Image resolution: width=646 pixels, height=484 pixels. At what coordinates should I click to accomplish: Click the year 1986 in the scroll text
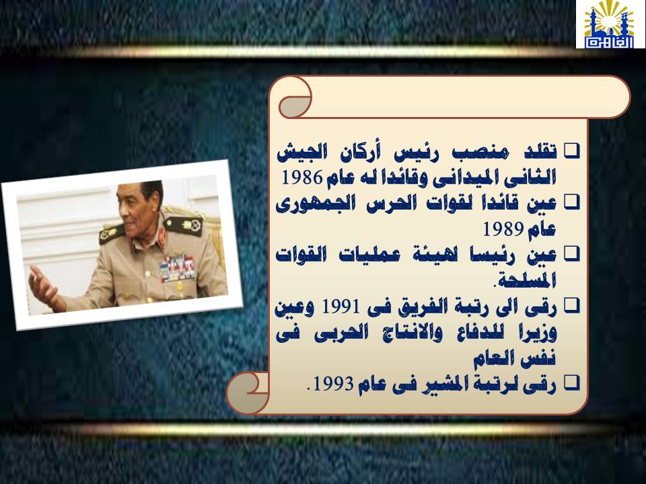point(302,177)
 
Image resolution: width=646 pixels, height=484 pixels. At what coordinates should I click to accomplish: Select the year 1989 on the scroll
point(503,229)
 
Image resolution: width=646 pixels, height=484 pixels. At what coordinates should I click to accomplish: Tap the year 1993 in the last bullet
point(333,384)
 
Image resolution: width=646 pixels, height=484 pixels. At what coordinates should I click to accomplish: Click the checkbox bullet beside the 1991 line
point(571,306)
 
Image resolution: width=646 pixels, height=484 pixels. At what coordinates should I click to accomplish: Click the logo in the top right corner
point(610,24)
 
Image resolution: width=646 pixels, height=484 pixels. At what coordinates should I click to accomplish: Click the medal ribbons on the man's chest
point(177,268)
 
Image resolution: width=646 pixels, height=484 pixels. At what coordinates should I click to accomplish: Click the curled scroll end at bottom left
point(247,393)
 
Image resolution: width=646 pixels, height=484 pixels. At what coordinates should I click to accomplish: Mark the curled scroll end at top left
point(294,98)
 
